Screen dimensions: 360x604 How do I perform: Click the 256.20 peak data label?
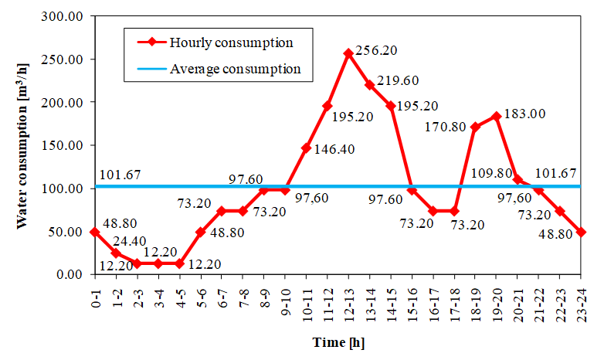[x=377, y=50]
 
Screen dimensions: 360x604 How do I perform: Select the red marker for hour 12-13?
[x=348, y=53]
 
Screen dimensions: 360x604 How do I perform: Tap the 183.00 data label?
[x=524, y=114]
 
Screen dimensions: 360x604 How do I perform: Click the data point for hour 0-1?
[x=94, y=232]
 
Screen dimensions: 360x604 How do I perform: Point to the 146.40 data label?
[x=334, y=149]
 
